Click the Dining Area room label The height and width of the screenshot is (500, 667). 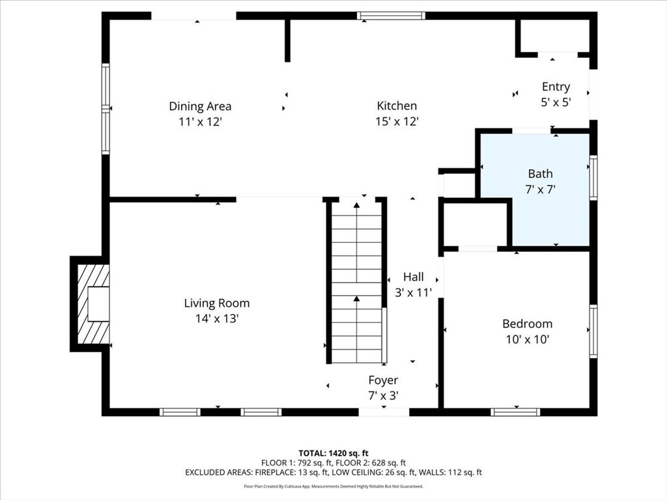click(200, 106)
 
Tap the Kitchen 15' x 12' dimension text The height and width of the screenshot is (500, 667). click(397, 122)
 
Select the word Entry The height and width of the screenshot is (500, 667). click(556, 87)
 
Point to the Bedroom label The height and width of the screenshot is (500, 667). click(528, 324)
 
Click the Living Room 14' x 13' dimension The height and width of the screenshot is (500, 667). click(217, 318)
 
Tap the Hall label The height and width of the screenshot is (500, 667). click(414, 277)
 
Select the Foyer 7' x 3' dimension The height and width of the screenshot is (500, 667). click(383, 396)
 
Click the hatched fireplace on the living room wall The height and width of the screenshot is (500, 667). click(93, 304)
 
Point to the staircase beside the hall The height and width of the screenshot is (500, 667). click(356, 283)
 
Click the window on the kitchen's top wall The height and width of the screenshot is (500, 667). click(391, 16)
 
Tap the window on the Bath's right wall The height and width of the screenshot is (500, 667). click(593, 177)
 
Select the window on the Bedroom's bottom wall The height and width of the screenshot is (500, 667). click(515, 412)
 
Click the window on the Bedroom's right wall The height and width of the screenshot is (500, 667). click(593, 331)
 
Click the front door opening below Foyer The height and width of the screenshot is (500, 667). click(384, 412)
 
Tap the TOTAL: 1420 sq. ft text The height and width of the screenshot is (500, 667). click(333, 453)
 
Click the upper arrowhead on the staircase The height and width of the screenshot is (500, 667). click(356, 205)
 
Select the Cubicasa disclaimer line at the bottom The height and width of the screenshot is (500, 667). click(333, 486)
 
